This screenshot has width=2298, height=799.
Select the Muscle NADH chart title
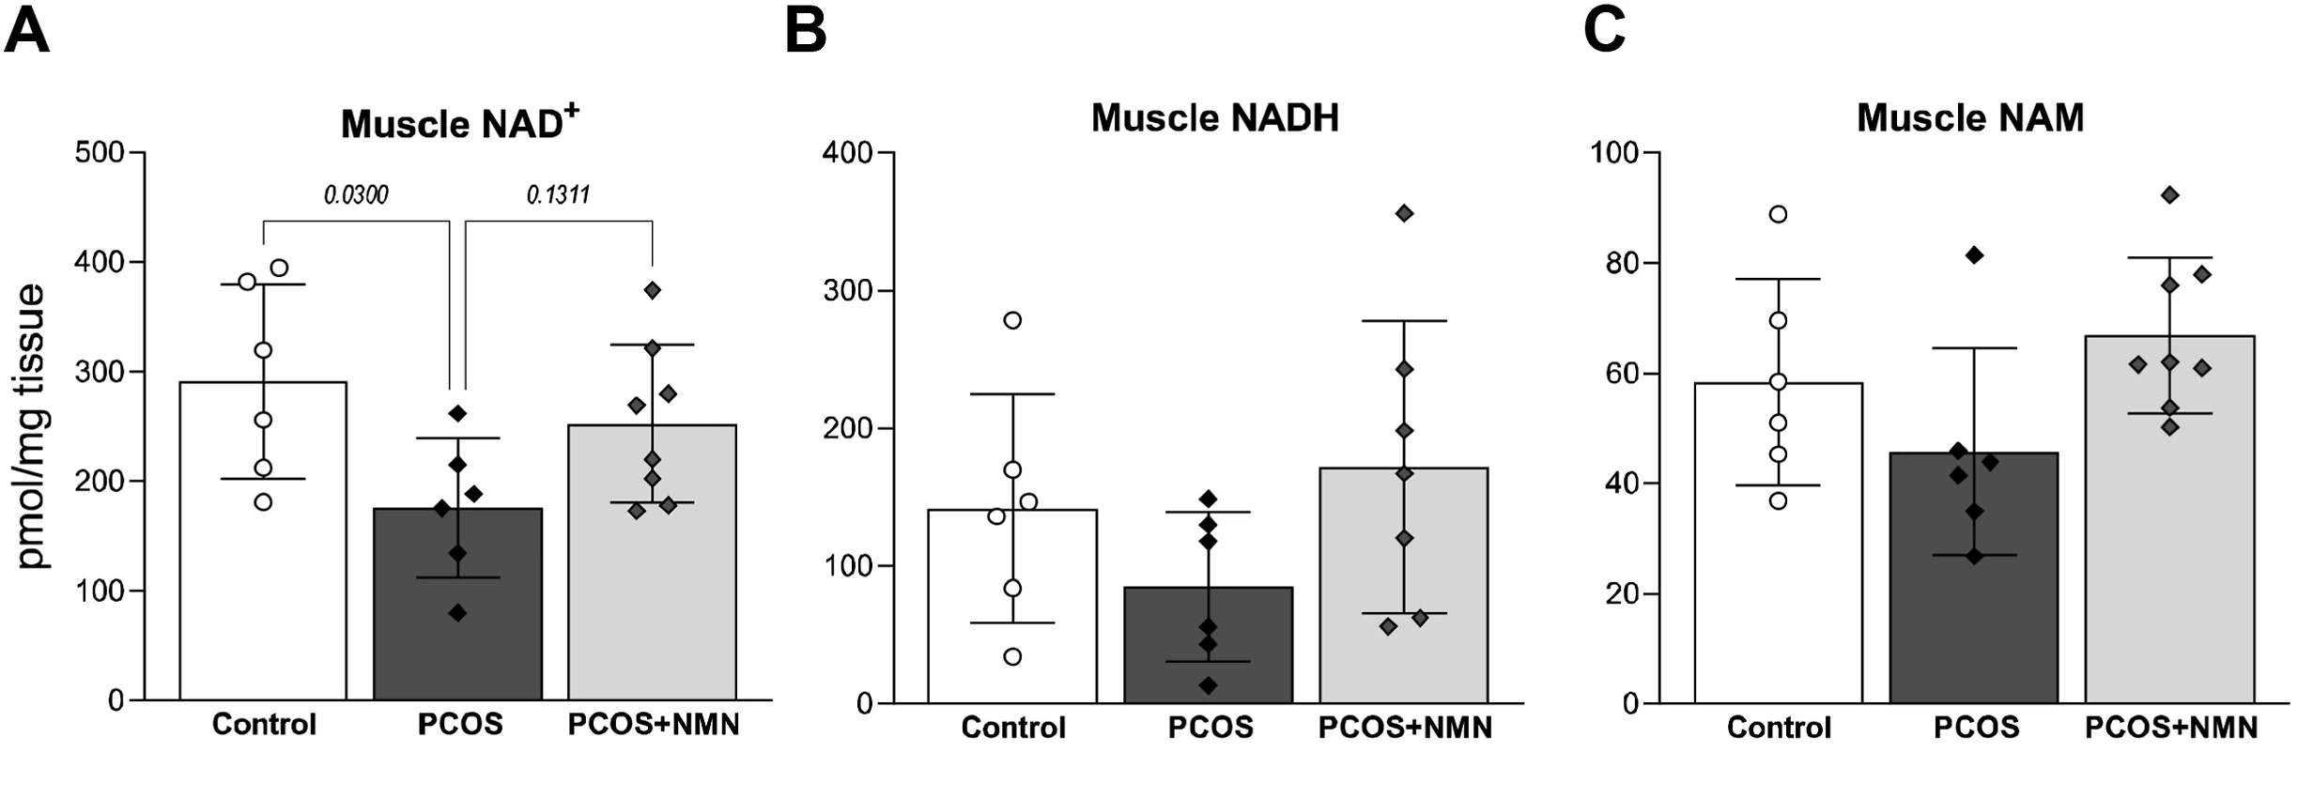point(1214,118)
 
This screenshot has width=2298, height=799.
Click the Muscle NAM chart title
point(1970,118)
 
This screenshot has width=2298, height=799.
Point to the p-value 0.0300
point(356,195)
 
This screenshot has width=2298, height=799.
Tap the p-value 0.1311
point(558,195)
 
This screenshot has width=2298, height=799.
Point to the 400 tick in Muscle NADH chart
point(847,152)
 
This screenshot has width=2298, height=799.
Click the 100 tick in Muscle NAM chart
point(1613,152)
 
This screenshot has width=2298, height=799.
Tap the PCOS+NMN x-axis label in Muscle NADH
point(1405,729)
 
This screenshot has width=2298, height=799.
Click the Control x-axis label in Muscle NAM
point(1779,729)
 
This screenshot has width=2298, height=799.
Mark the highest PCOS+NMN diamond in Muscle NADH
point(1405,214)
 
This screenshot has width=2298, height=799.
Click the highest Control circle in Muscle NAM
point(1778,214)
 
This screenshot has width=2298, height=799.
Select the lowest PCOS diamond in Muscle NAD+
point(457,613)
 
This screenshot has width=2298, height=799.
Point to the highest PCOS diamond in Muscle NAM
point(1974,255)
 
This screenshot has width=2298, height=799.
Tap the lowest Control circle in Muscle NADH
point(1012,656)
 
